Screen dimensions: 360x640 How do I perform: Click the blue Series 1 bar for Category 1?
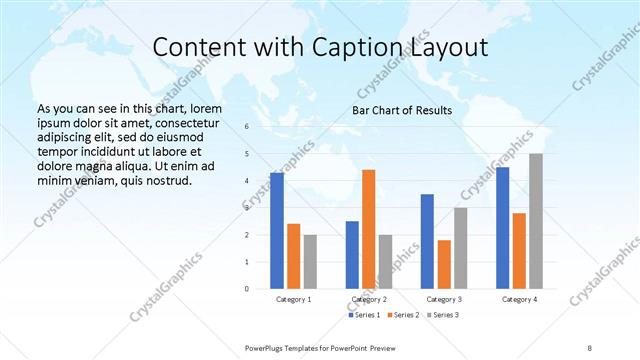click(x=277, y=231)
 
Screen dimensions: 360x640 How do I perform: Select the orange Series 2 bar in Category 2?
click(x=368, y=229)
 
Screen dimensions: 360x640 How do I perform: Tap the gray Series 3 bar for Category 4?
click(x=536, y=221)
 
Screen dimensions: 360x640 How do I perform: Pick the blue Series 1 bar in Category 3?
click(x=427, y=241)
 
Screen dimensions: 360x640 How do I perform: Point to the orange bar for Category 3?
click(x=444, y=264)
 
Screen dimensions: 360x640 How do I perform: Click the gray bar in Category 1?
click(x=310, y=262)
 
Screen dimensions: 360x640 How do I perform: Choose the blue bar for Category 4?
click(x=502, y=228)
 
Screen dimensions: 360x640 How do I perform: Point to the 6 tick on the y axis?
click(x=246, y=128)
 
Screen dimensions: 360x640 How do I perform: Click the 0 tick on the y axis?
click(x=246, y=289)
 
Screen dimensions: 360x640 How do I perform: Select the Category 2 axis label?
click(x=369, y=299)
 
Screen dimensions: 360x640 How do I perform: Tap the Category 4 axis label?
click(x=519, y=299)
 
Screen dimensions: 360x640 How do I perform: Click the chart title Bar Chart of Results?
click(x=401, y=110)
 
